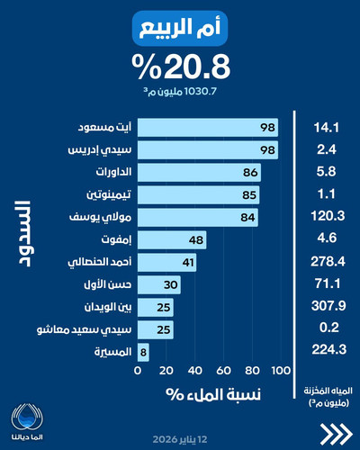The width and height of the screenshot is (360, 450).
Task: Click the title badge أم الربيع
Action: [x=180, y=29]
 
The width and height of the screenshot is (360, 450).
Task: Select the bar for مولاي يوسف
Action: [x=198, y=217]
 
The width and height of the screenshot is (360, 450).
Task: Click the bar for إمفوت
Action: [x=172, y=240]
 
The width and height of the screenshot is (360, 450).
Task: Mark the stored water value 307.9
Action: [x=327, y=309]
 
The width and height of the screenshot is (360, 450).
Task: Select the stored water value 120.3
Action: [x=327, y=217]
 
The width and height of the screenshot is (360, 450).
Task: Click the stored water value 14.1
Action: [x=327, y=125]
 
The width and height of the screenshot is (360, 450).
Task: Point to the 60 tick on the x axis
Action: [x=223, y=370]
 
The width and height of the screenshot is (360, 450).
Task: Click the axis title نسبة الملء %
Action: [x=211, y=393]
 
